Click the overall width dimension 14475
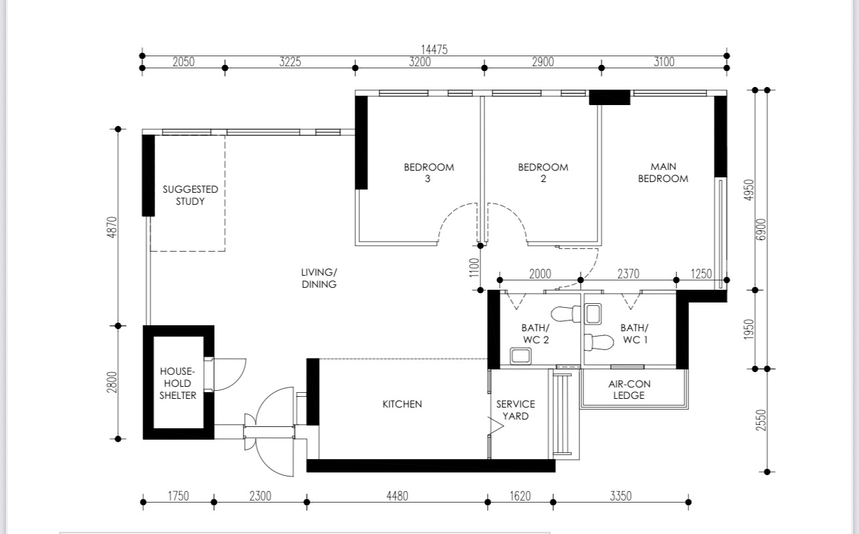click(x=434, y=50)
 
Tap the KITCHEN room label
click(x=402, y=404)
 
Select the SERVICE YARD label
click(x=515, y=410)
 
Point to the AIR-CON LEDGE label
click(x=629, y=389)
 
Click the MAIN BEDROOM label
click(x=663, y=173)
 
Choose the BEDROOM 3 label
click(x=429, y=173)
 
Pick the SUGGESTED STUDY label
click(x=190, y=195)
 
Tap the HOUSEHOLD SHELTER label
click(x=177, y=383)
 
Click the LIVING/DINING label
click(x=319, y=278)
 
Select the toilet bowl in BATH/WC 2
click(x=565, y=315)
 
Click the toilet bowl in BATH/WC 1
click(x=599, y=342)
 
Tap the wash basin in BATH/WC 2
click(x=520, y=356)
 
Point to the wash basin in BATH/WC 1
click(x=593, y=314)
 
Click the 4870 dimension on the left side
click(x=112, y=227)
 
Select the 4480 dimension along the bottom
click(x=397, y=496)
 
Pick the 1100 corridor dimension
click(x=474, y=268)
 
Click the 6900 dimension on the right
click(x=761, y=230)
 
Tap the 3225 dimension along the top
click(x=290, y=62)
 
